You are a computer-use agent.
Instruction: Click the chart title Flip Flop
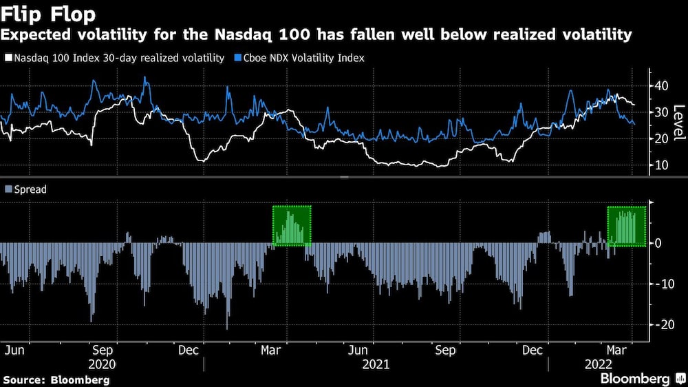coord(48,14)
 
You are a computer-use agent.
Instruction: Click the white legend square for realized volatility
coord(8,59)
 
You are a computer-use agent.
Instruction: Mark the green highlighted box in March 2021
coord(292,226)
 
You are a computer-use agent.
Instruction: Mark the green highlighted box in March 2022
coord(626,226)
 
